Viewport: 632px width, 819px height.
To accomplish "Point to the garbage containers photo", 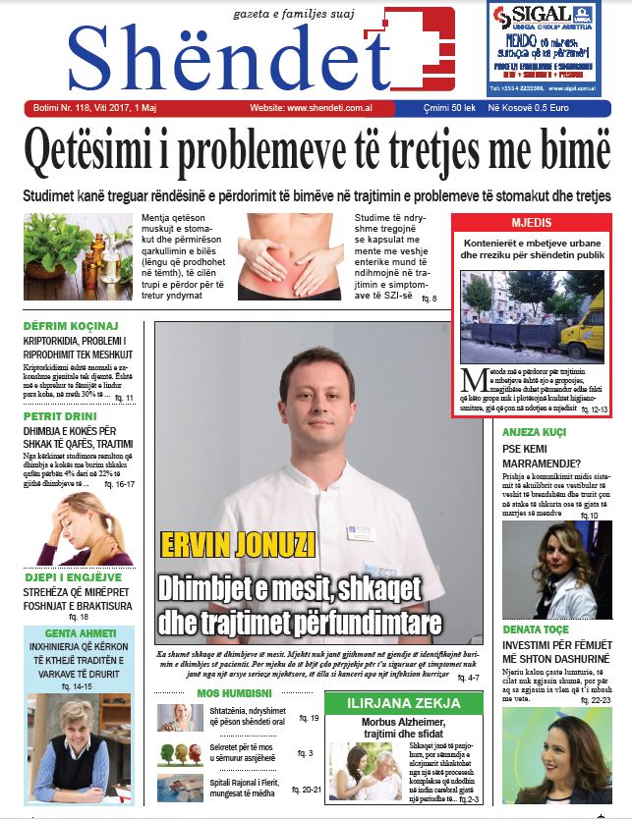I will [532, 316].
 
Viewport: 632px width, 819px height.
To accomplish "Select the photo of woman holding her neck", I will [77, 526].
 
